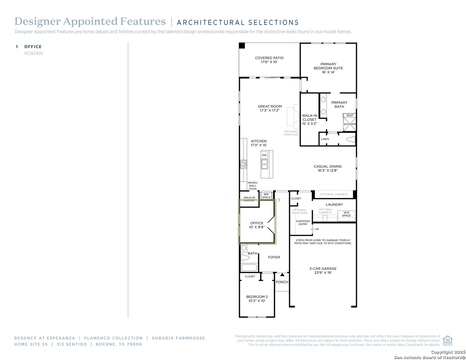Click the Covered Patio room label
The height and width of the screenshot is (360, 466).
click(269, 58)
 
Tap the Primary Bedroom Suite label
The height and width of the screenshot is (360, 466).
click(328, 66)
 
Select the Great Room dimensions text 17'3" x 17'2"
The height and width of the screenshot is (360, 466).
click(270, 111)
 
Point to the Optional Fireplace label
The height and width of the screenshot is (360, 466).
click(291, 133)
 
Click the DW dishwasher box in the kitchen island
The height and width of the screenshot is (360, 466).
click(264, 155)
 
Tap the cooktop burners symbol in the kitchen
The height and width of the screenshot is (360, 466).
click(244, 164)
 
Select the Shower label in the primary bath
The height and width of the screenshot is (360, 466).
click(350, 124)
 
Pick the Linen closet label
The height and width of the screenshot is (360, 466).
click(325, 139)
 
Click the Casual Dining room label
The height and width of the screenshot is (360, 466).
click(328, 166)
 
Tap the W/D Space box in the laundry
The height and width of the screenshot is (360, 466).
click(346, 214)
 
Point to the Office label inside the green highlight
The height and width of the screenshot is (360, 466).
click(257, 223)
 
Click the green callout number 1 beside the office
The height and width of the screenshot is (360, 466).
click(279, 200)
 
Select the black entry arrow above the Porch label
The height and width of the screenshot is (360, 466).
click(282, 275)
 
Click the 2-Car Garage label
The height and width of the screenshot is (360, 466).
click(323, 268)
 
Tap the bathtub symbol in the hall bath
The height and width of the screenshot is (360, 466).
click(249, 267)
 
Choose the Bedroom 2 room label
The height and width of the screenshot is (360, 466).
click(257, 297)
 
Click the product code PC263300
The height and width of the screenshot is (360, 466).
click(34, 53)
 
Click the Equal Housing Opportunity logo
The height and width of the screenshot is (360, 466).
click(447, 340)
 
